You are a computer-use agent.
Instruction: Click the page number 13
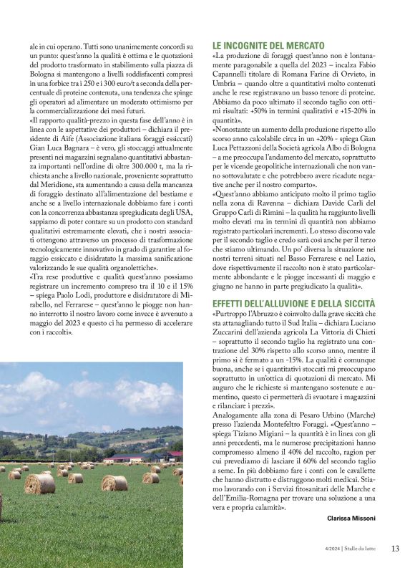(395, 549)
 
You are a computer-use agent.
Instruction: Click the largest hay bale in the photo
(40, 483)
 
